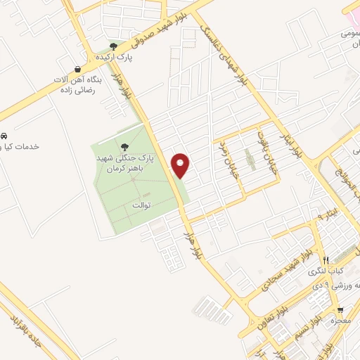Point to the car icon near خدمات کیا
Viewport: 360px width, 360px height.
4,135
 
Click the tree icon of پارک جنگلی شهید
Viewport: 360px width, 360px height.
125,148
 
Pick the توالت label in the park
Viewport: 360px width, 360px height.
141,205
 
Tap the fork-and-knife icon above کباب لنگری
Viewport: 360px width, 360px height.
325,260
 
